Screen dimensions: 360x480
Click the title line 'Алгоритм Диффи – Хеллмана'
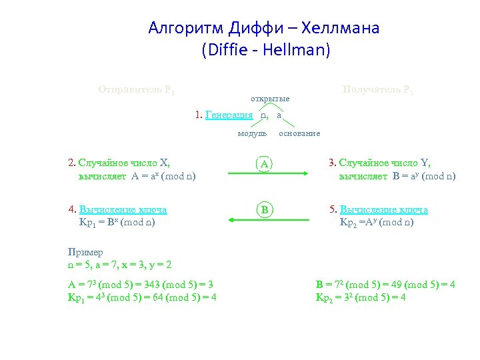[x=264, y=28]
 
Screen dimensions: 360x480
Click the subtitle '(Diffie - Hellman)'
[x=265, y=50]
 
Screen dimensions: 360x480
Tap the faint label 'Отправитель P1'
[x=137, y=89]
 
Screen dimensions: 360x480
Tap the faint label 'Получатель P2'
[x=377, y=89]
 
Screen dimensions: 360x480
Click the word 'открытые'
[x=270, y=99]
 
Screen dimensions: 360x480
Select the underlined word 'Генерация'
[x=229, y=115]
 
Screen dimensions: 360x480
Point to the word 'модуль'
[x=253, y=133]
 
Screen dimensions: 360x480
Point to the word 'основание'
[x=299, y=133]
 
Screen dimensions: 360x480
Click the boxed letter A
[x=265, y=163]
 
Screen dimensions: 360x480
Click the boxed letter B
[x=265, y=210]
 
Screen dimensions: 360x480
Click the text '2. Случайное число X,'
[x=119, y=162]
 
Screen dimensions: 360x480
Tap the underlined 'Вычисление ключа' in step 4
[x=123, y=209]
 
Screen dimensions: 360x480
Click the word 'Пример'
[x=85, y=252]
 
